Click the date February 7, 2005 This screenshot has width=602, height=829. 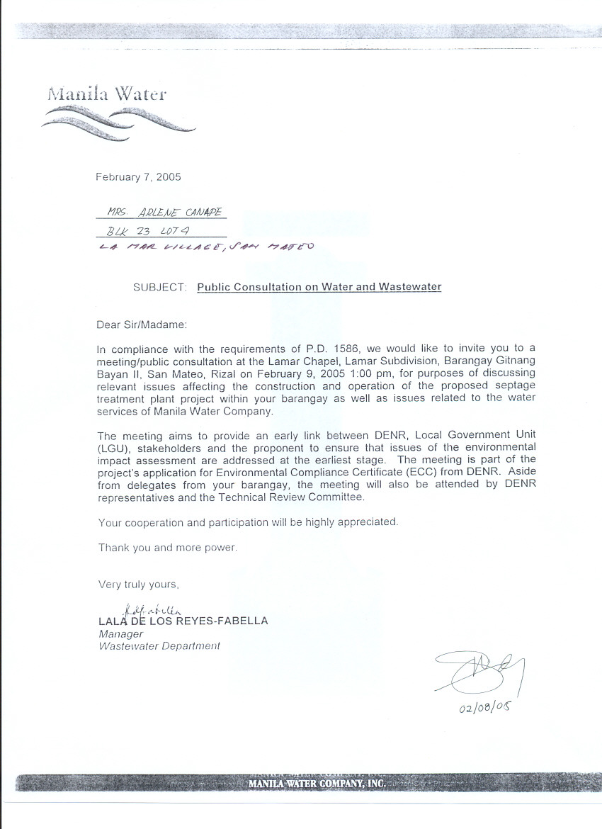(138, 177)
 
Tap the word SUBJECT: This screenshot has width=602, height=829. (160, 287)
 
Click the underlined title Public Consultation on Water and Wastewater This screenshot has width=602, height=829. (319, 287)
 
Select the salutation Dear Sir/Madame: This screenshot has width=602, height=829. (142, 325)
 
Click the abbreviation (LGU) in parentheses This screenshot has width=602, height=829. (112, 448)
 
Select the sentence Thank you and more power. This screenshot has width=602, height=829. (168, 547)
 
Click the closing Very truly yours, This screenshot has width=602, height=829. (139, 585)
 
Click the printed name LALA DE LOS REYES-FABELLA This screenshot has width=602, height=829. (183, 621)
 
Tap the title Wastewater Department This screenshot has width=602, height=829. (159, 646)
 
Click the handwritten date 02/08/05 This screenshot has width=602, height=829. (485, 709)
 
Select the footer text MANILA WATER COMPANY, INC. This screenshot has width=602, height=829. (316, 784)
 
